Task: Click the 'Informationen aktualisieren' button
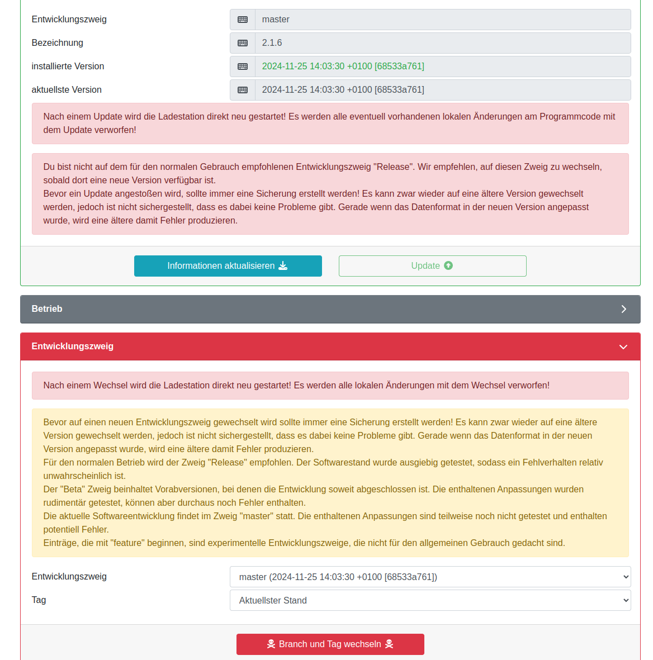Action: [228, 266]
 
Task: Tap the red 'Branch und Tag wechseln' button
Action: [330, 644]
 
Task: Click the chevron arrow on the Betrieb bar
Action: [623, 309]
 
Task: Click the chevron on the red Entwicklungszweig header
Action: [623, 347]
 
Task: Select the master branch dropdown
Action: [430, 577]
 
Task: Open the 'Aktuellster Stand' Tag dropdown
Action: [430, 600]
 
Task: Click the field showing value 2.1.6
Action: [442, 43]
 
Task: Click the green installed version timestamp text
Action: [343, 67]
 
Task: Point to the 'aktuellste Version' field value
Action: [343, 90]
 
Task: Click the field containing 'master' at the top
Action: [442, 20]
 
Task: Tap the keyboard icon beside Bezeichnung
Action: [243, 43]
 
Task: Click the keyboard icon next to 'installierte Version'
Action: [243, 67]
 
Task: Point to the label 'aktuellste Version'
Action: [67, 90]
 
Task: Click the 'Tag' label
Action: [39, 600]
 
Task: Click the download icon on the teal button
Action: [283, 266]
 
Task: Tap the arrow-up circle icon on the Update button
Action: [448, 266]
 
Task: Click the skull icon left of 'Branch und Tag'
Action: [271, 644]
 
